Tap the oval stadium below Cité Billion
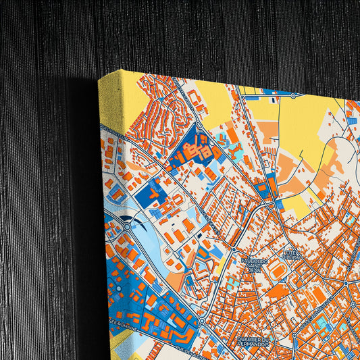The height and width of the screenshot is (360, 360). click(278, 271)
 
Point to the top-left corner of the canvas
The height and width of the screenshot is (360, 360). click(99, 77)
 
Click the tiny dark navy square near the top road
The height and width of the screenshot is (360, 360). click(274, 100)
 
